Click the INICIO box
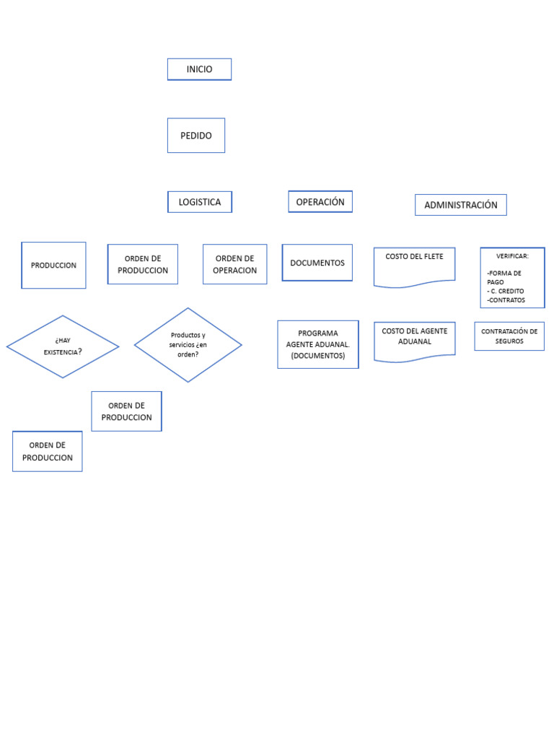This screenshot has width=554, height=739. [x=199, y=69]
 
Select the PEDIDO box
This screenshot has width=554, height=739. [x=196, y=135]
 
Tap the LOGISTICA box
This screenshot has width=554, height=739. [x=200, y=202]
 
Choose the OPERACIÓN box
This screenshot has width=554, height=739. [x=320, y=202]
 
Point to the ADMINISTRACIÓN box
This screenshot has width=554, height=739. [x=461, y=205]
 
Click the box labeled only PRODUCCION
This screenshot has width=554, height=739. [x=53, y=266]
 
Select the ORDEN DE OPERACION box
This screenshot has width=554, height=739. [x=235, y=264]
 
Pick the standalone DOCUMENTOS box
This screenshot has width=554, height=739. [x=317, y=263]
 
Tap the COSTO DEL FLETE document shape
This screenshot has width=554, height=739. [x=415, y=267]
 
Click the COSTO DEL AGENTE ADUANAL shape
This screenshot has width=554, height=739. [x=415, y=341]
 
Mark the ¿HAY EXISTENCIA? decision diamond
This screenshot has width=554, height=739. [x=63, y=346]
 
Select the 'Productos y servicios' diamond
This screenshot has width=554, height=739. [x=188, y=345]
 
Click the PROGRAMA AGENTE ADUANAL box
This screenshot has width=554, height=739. [x=318, y=344]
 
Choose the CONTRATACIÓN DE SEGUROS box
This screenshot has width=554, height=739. [x=509, y=336]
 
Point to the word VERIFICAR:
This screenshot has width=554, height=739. [x=512, y=256]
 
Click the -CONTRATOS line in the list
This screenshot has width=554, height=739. [x=506, y=299]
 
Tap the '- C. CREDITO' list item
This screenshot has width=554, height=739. [x=506, y=291]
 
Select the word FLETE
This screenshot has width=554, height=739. [x=434, y=256]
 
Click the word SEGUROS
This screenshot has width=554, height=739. [x=509, y=341]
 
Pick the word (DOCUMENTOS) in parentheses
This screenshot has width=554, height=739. [x=318, y=356]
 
